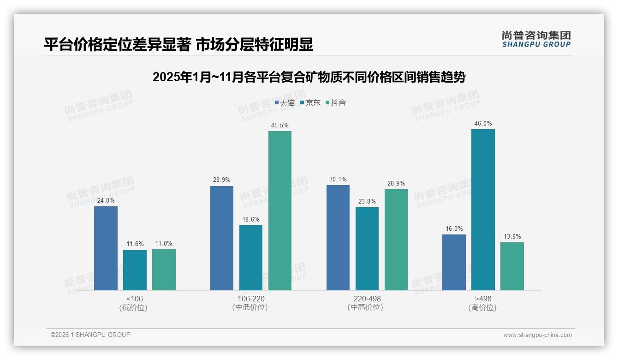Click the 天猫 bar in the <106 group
106,248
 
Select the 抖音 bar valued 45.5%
280,210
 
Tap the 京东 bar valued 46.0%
483,210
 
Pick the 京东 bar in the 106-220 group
251,258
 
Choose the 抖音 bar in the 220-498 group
396,240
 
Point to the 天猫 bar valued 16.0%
454,262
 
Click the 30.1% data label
338,180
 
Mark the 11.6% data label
135,244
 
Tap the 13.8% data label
512,237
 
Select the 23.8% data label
367,201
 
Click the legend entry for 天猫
285,103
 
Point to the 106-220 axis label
251,299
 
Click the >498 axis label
483,299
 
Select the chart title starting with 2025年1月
309,77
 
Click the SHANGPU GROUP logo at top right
536,39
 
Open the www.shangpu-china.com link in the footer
537,335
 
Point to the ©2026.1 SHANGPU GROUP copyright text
90,335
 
